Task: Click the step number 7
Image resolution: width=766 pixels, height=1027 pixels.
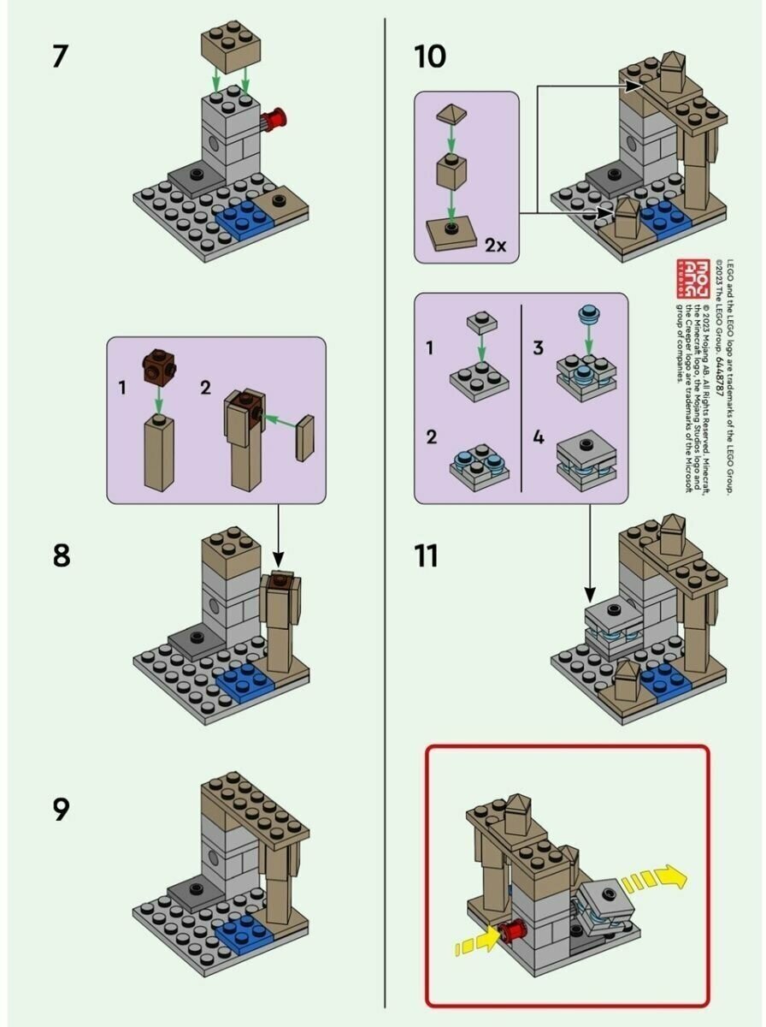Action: [60, 57]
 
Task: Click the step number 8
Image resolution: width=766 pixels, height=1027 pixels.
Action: [61, 555]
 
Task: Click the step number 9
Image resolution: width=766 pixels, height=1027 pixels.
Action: [61, 809]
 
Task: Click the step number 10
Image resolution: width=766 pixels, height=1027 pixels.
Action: [429, 57]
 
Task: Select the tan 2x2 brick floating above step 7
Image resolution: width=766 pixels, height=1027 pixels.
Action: [231, 50]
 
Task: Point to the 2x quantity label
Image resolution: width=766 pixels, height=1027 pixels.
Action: [496, 245]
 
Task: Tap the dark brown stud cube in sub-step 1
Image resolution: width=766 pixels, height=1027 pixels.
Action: [157, 365]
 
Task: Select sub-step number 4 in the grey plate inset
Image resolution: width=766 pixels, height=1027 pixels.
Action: [538, 437]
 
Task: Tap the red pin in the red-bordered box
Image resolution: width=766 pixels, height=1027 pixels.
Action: [513, 932]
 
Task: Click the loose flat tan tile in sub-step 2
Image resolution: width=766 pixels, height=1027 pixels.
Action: [305, 438]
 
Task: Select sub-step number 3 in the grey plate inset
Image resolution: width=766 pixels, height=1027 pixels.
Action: [538, 347]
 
